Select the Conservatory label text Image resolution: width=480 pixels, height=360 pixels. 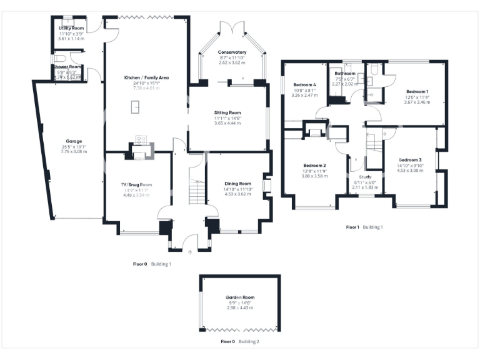pyautogui.click(x=232, y=52)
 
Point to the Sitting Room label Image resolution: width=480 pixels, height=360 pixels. pyautogui.click(x=228, y=112)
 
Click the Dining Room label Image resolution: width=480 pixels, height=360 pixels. pyautogui.click(x=237, y=184)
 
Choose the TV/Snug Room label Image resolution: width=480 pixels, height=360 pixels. pyautogui.click(x=136, y=185)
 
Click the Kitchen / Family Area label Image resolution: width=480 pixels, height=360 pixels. pyautogui.click(x=147, y=77)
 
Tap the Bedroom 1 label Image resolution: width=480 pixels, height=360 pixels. pyautogui.click(x=417, y=91)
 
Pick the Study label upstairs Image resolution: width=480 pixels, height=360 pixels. pyautogui.click(x=366, y=177)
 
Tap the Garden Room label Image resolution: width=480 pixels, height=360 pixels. pyautogui.click(x=239, y=297)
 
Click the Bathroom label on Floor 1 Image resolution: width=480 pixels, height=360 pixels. pyautogui.click(x=346, y=73)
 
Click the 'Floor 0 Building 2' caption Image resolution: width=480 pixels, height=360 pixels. pyautogui.click(x=240, y=342)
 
